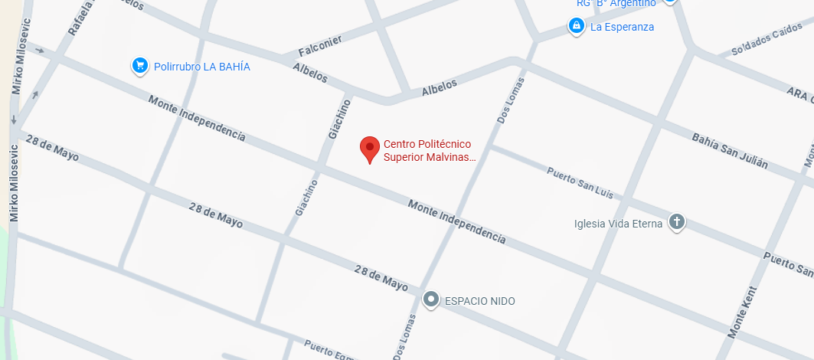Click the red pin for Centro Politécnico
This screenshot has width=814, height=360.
[x=371, y=149]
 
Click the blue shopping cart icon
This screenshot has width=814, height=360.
[x=139, y=66]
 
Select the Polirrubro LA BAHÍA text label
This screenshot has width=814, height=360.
[x=202, y=67]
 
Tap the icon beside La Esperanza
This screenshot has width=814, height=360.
[x=576, y=27]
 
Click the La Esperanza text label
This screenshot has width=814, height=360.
[x=622, y=28]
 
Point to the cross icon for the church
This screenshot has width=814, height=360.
[x=676, y=223]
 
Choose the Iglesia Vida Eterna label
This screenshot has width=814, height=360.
[x=619, y=224]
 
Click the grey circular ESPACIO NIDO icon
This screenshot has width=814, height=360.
[x=432, y=299]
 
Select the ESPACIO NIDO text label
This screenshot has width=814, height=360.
[x=480, y=301]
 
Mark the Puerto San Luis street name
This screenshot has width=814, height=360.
[x=580, y=182]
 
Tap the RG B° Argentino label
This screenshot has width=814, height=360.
[x=616, y=4]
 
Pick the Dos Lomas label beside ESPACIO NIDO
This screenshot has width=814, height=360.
[x=407, y=335]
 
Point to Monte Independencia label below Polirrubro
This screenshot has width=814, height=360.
[x=197, y=119]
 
